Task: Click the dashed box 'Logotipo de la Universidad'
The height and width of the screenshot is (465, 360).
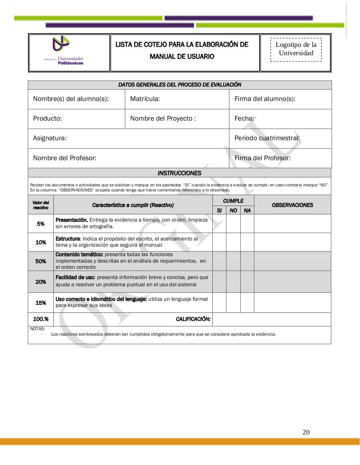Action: coord(296,49)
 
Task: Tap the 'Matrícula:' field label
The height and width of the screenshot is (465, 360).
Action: coord(145,99)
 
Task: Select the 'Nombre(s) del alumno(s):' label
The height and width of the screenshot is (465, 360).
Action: coord(71,99)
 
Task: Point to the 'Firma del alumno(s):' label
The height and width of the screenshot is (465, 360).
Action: coord(264,99)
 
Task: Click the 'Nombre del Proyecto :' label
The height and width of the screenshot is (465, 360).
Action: coord(163,118)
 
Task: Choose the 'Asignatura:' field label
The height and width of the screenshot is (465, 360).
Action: coord(50,138)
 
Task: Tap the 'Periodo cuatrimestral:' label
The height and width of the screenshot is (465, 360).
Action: coord(267,138)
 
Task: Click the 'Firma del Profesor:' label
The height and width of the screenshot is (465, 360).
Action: coord(262,158)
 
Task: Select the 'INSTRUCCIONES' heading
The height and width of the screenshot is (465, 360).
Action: coord(179,173)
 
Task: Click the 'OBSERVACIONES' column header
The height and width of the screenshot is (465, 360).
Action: coord(292,205)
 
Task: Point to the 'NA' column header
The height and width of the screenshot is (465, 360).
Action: coord(247,211)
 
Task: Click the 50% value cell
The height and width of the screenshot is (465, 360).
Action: coord(41,261)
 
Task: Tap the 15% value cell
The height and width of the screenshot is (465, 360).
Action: coord(41,303)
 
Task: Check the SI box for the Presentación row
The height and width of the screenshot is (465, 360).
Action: coord(219,223)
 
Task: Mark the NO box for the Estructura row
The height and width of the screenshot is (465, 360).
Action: coord(233,242)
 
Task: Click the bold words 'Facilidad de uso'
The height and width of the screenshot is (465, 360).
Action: coord(75,277)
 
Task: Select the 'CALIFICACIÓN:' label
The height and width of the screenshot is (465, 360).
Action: coord(193,319)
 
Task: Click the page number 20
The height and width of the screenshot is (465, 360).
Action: coord(306,432)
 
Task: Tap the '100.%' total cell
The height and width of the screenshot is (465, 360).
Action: coord(41,319)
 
